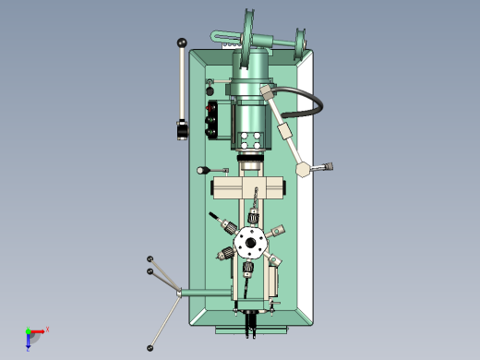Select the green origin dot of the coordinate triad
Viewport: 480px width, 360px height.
coord(29,331)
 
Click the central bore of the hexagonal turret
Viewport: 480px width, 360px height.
coord(248,244)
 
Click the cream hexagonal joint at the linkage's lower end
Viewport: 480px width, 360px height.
coord(303,169)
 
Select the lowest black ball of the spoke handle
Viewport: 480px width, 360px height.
coord(150,348)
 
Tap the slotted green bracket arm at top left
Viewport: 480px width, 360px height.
coord(227,36)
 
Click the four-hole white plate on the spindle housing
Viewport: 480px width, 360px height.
coord(250,139)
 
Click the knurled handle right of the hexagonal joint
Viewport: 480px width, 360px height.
coord(324,167)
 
